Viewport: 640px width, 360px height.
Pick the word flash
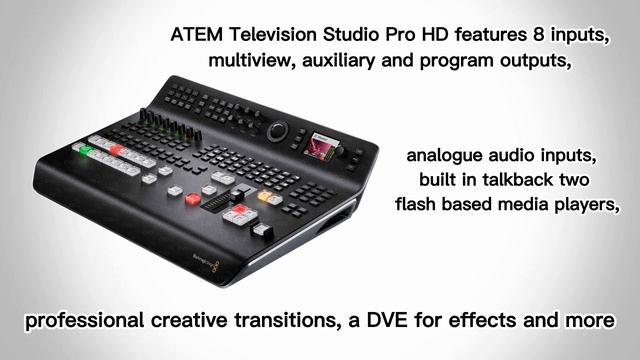click(x=417, y=206)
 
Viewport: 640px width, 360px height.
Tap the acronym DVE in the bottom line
click(x=418, y=323)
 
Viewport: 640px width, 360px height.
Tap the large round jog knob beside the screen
click(x=281, y=133)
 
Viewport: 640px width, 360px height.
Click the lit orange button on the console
click(x=265, y=196)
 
